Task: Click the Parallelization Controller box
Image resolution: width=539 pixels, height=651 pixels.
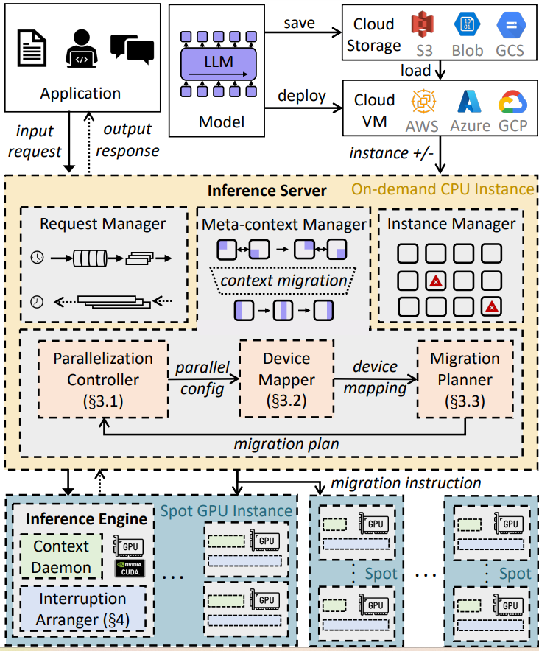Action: (103, 379)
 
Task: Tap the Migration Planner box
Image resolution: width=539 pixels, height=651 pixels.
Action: (465, 379)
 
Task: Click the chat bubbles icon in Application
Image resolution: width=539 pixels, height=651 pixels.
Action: (132, 49)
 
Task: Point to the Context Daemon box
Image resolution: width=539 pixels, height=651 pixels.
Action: (61, 557)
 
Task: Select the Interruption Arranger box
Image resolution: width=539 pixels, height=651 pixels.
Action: (82, 609)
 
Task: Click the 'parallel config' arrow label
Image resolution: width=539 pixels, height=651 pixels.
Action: (202, 377)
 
